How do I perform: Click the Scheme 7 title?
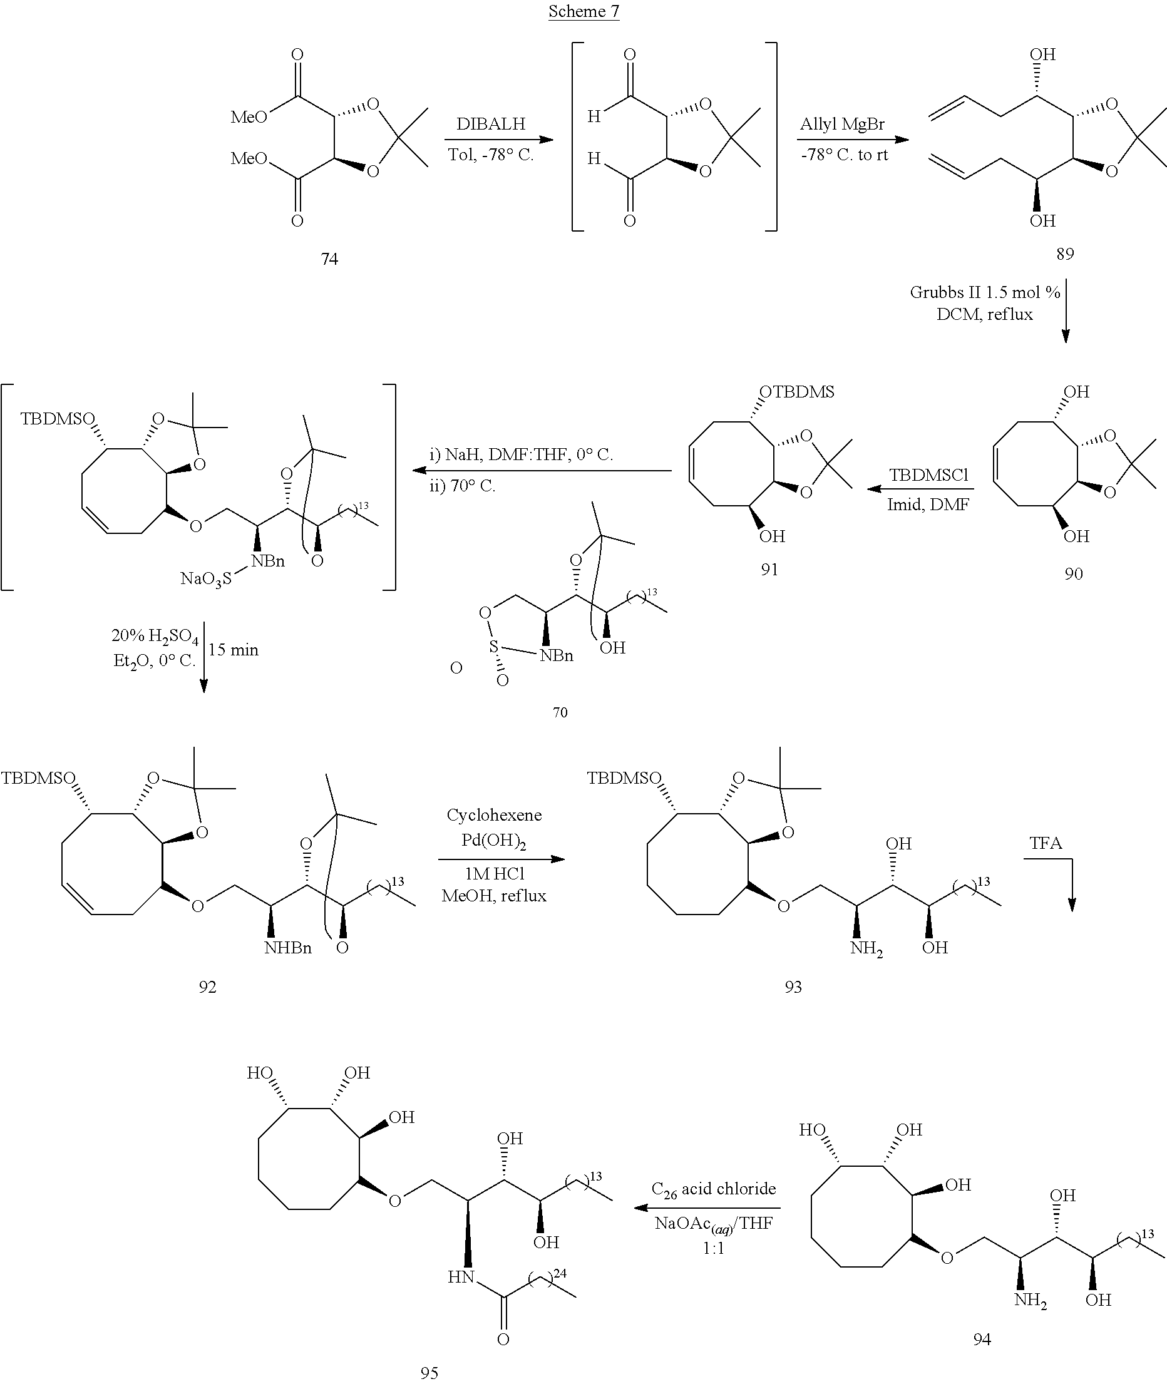tap(583, 11)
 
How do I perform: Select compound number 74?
tap(329, 259)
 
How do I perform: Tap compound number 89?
tap(1065, 254)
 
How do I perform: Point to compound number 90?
tap(1074, 573)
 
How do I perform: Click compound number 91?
tap(769, 569)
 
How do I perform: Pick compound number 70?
tap(560, 712)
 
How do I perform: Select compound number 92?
tap(208, 987)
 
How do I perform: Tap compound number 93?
tap(793, 987)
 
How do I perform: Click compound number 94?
tap(982, 1339)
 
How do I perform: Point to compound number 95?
tap(429, 1373)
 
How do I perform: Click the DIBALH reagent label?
tap(491, 124)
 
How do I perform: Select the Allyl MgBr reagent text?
tap(842, 124)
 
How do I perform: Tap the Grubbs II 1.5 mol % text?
tap(985, 292)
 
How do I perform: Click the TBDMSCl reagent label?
tap(928, 475)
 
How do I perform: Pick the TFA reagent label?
tap(1046, 843)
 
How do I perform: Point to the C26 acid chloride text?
tap(713, 1189)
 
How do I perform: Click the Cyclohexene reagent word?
tap(494, 815)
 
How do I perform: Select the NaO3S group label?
tap(206, 580)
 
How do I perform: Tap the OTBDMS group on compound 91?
tap(796, 392)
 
